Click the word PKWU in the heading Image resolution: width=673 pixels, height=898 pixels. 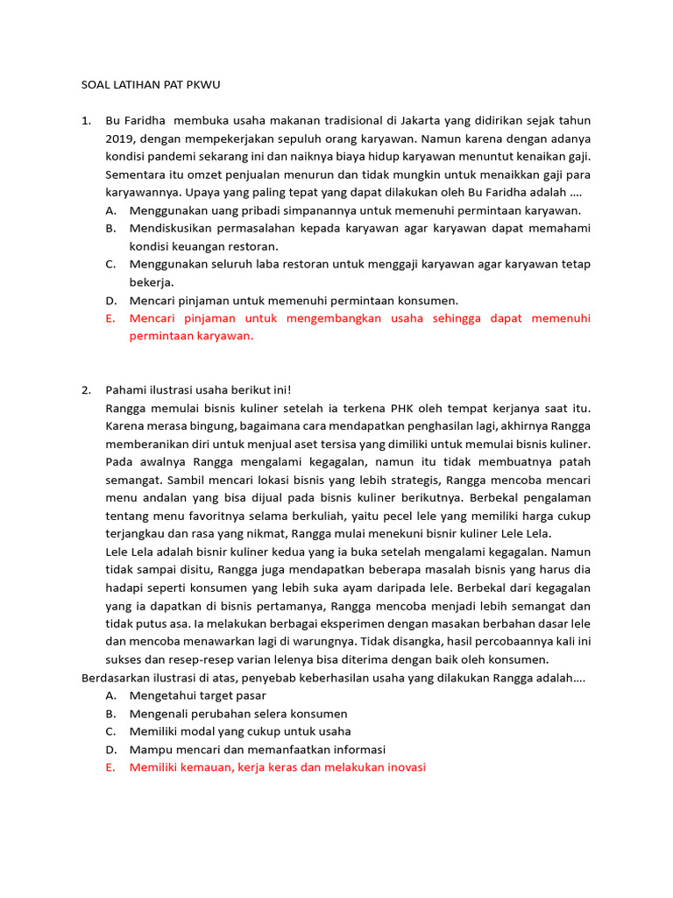(211, 85)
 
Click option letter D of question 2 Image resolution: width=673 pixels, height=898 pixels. (110, 749)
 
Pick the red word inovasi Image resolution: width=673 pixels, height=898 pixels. (403, 766)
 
